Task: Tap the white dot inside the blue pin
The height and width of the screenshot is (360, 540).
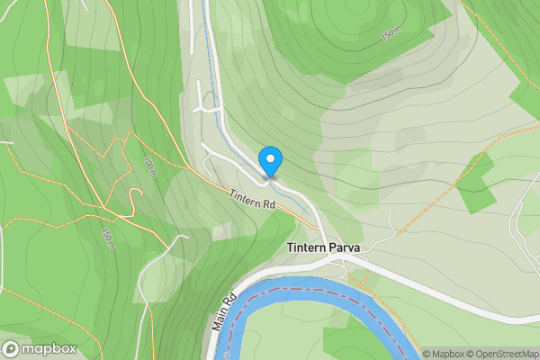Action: pos(270,158)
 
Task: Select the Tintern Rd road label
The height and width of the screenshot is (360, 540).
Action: pos(250,200)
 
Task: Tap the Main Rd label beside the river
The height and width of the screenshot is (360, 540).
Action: pos(224,311)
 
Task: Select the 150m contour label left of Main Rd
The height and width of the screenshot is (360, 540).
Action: pos(107,238)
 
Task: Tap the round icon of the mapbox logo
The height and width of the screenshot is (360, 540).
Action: pos(12,349)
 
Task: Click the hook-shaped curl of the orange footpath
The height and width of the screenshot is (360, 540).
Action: pos(136,195)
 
